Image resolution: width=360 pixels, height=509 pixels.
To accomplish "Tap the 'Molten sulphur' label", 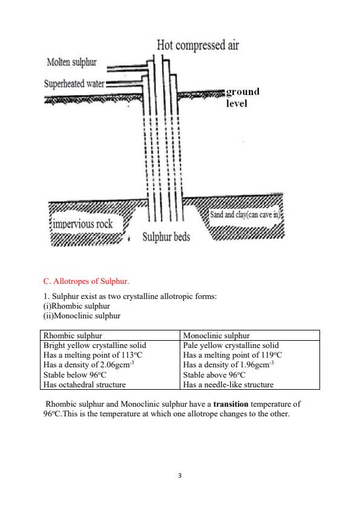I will (x=71, y=63).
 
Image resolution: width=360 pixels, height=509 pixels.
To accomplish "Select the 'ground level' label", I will (x=243, y=97).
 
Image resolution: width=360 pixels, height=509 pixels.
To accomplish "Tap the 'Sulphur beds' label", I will (x=166, y=236).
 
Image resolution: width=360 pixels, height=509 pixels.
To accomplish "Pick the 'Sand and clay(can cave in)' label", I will (x=247, y=215).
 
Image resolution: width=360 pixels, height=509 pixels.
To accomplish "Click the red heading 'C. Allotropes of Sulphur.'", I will (x=87, y=281).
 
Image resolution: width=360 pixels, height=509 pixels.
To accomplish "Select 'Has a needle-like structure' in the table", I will (x=228, y=384).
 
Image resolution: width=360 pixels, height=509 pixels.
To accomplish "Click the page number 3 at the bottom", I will (x=180, y=476).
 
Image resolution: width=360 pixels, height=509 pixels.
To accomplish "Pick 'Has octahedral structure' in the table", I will (x=85, y=384).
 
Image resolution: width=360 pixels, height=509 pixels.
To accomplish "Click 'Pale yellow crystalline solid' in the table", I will (x=231, y=345).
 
